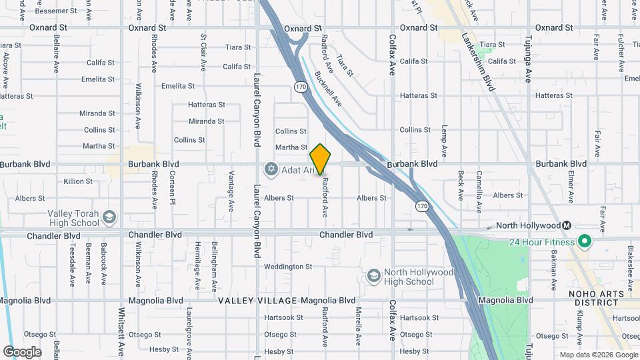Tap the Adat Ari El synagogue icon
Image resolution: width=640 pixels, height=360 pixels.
pyautogui.click(x=271, y=170)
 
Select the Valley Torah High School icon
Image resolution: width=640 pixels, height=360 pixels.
pyautogui.click(x=110, y=217)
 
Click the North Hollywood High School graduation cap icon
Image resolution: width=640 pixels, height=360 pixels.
pyautogui.click(x=374, y=276)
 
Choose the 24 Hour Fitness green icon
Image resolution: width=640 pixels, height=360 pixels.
pyautogui.click(x=585, y=241)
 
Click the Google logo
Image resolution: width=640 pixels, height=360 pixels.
pyautogui.click(x=22, y=351)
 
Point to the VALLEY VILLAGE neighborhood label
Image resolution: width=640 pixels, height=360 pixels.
pyautogui.click(x=257, y=301)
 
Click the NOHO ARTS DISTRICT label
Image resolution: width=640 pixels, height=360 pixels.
pyautogui.click(x=603, y=299)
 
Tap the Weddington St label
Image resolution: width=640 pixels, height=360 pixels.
pyautogui.click(x=288, y=267)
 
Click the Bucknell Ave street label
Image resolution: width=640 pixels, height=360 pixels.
pyautogui.click(x=327, y=89)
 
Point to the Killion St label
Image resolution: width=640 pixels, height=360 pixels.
pyautogui.click(x=78, y=181)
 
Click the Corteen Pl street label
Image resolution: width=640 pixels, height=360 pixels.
pyautogui.click(x=172, y=188)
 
